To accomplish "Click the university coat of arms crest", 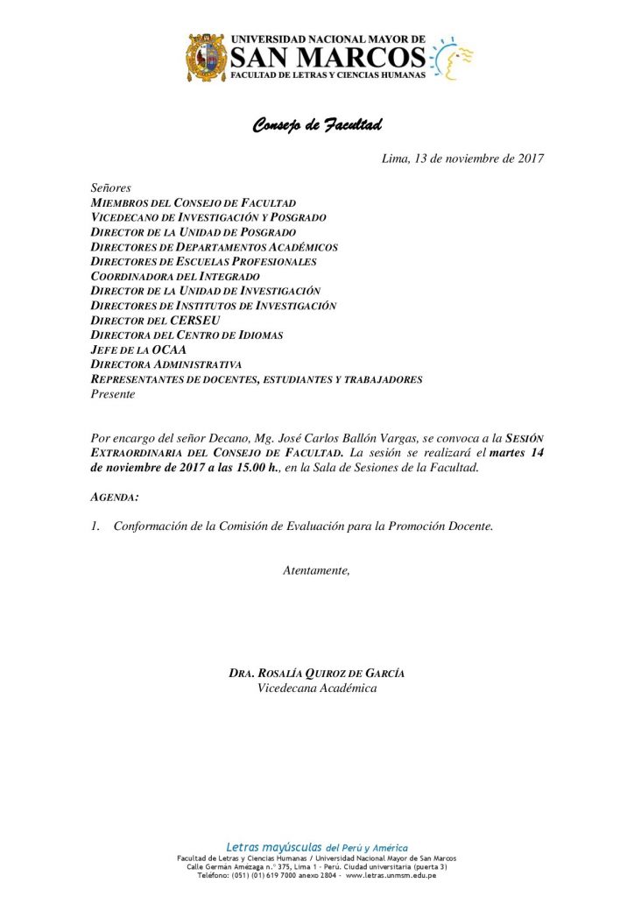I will click(208, 58).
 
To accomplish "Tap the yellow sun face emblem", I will click(453, 59).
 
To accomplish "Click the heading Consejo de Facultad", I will click(317, 125).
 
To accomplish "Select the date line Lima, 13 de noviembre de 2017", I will click(463, 159).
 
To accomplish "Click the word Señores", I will click(110, 188).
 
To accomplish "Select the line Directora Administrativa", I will click(166, 364).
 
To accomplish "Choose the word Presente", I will click(113, 394).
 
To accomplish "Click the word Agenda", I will click(114, 497).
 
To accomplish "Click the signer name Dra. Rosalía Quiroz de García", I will click(316, 674).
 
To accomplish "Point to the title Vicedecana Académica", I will click(317, 689).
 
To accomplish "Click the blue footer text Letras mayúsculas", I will click(274, 847).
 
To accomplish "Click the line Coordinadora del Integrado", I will click(175, 276).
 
